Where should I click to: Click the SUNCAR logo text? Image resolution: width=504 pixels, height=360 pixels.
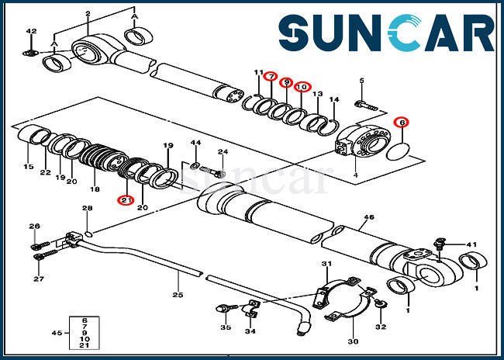[385, 35]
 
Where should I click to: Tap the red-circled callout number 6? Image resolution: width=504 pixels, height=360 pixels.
[401, 123]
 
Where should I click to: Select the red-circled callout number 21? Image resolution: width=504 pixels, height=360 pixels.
[124, 201]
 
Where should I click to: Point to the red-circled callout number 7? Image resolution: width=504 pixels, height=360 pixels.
[271, 77]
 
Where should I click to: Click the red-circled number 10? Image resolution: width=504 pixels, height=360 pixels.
[302, 87]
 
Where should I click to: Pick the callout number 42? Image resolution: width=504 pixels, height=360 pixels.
[31, 31]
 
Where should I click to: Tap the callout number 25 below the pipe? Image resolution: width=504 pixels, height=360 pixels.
[178, 296]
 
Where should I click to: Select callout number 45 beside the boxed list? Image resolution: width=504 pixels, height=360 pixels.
[56, 333]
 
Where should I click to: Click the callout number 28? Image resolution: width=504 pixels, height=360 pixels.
[87, 208]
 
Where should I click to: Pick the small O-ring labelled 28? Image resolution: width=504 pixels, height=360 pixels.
[91, 232]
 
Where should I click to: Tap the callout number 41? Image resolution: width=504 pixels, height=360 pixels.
[471, 244]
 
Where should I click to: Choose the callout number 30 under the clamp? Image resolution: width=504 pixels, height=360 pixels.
[353, 341]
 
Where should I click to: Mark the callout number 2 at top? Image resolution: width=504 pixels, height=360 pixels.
[88, 14]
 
